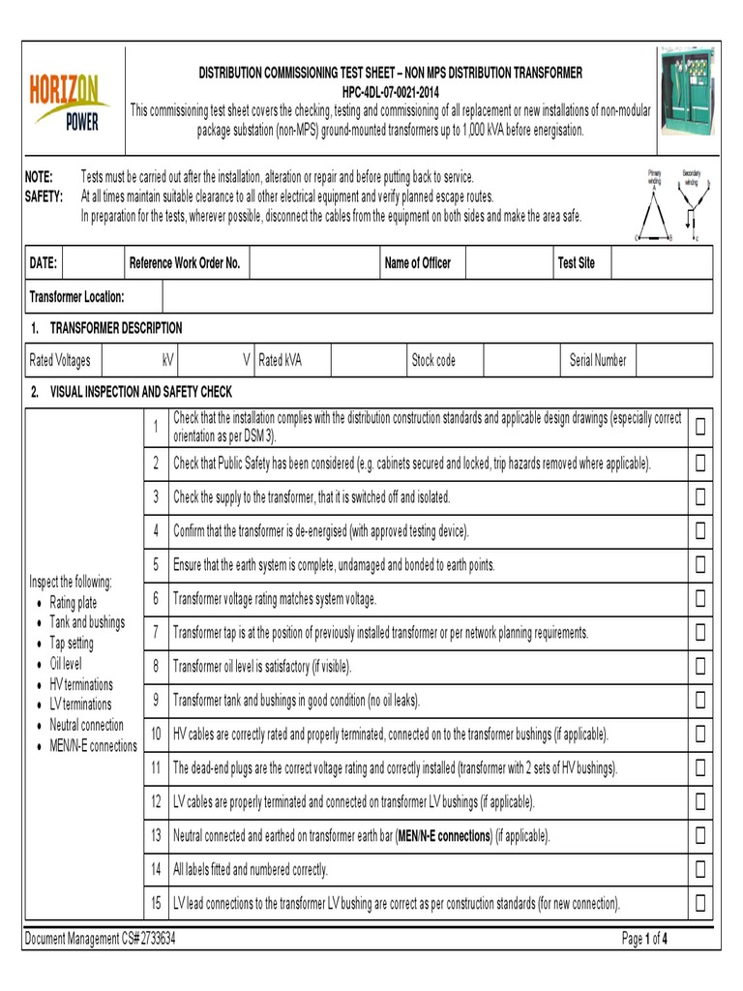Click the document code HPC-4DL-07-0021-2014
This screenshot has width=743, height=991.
tap(391, 92)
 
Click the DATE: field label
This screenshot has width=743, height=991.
tap(44, 263)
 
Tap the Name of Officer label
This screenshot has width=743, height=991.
tap(417, 263)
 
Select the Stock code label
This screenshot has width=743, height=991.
tap(433, 361)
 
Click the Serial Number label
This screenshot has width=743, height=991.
tap(597, 361)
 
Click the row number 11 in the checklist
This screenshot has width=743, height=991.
tap(155, 767)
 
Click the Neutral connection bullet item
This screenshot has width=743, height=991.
tap(86, 725)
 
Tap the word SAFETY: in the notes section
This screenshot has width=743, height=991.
tap(44, 196)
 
